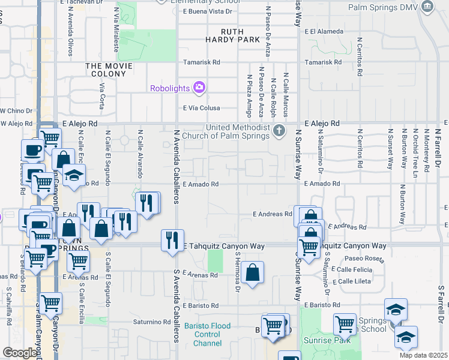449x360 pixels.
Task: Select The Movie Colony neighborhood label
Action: [x=109, y=70]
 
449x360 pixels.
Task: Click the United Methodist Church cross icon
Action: [x=279, y=131]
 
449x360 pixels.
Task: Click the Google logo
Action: [x=20, y=353]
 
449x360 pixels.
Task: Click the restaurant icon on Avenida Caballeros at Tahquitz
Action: [x=172, y=240]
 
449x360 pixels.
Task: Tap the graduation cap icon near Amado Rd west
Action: [x=74, y=175]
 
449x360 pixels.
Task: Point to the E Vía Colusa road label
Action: [x=201, y=108]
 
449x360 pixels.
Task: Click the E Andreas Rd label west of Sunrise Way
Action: [x=272, y=214]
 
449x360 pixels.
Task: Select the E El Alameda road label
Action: [x=324, y=31]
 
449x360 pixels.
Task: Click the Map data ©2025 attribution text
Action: [x=424, y=355]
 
